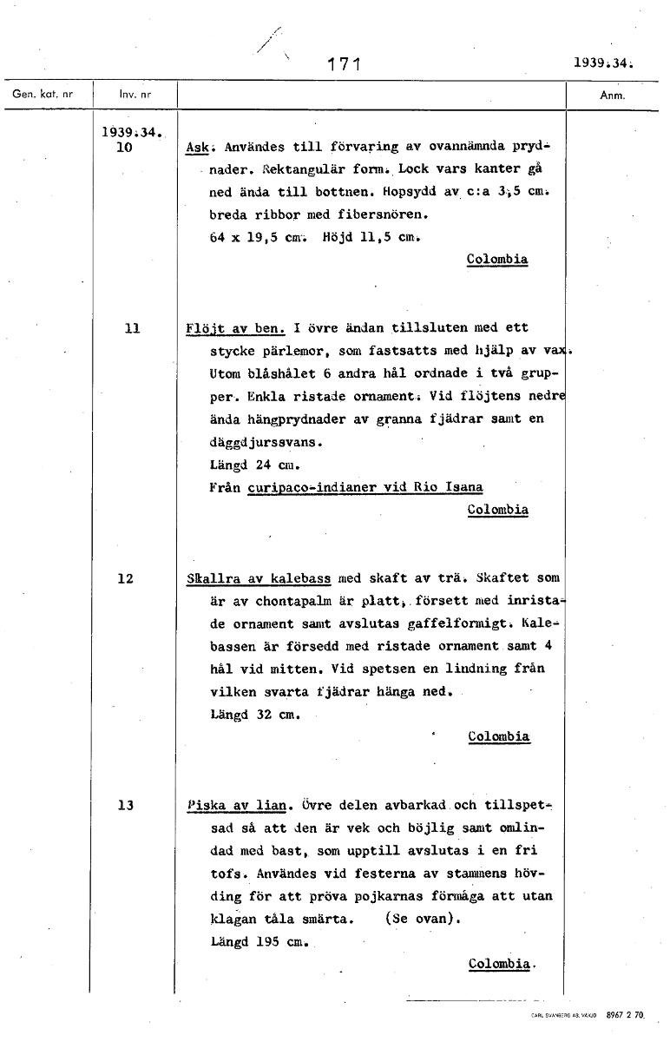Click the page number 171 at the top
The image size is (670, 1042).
[345, 63]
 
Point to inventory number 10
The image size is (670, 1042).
[125, 148]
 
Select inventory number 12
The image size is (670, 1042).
[126, 578]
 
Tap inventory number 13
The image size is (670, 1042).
[126, 805]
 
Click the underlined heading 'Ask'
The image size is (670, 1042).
[196, 148]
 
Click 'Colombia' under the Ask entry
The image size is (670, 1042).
[496, 260]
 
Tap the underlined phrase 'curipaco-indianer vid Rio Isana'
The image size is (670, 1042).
[365, 488]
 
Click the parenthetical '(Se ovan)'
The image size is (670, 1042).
[423, 919]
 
